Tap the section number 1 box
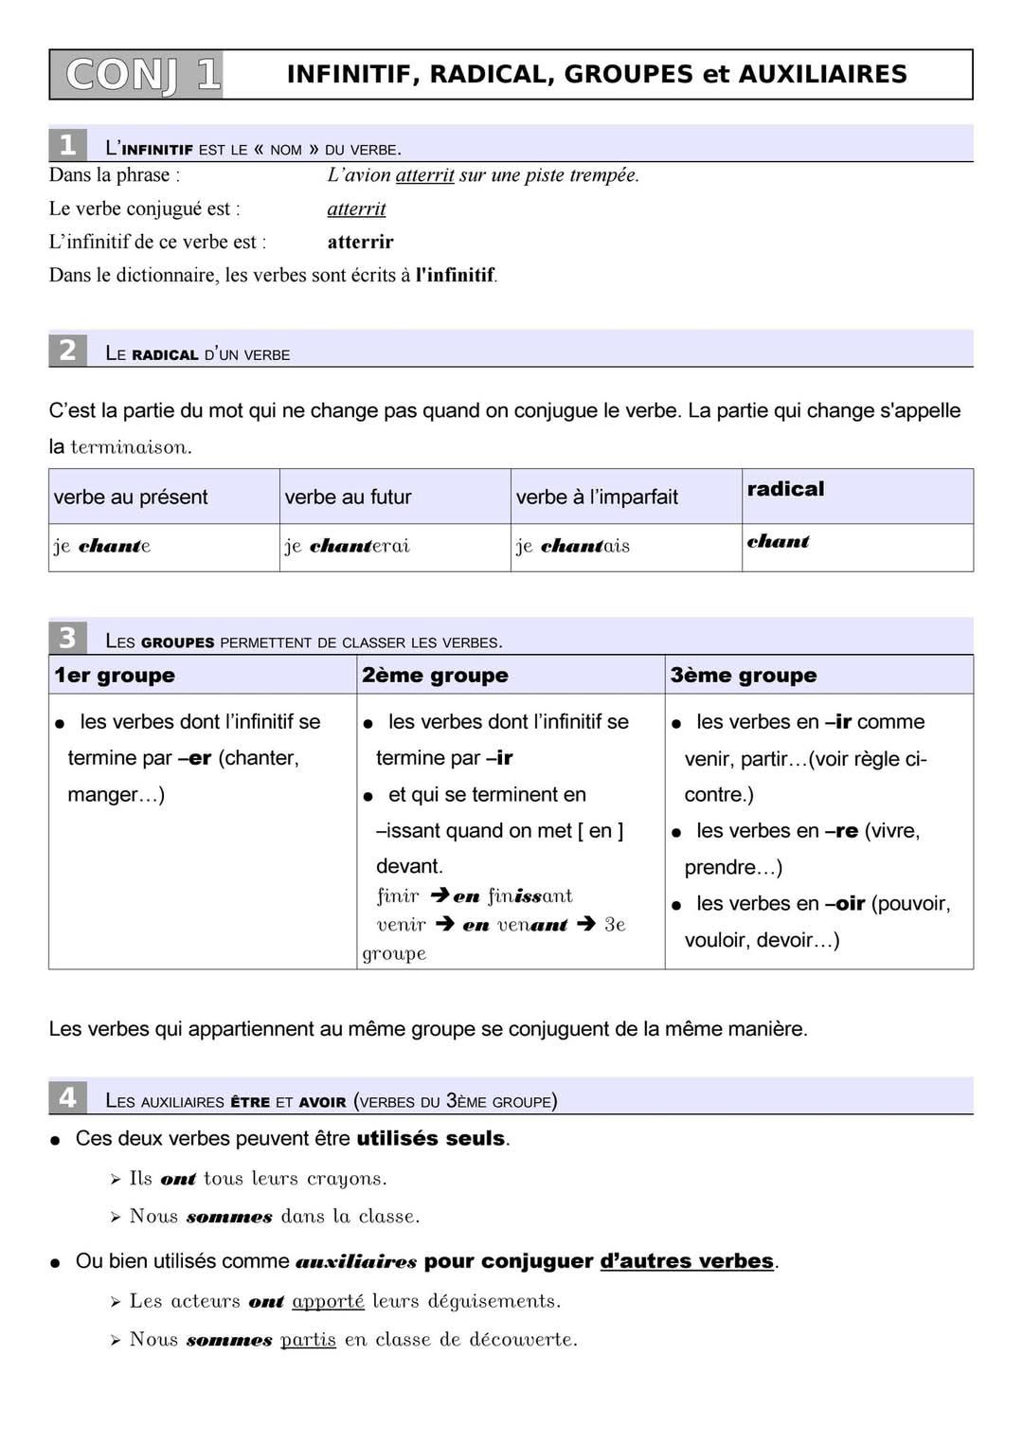(x=67, y=145)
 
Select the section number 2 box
(x=67, y=351)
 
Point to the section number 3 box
(x=67, y=638)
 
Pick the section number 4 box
(x=67, y=1097)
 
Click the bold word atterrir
(x=360, y=242)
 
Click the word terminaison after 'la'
(x=131, y=447)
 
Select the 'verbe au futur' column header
(x=348, y=497)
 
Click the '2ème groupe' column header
(x=435, y=675)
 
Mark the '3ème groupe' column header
(x=744, y=675)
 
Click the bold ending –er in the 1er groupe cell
(x=194, y=758)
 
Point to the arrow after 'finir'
(x=439, y=895)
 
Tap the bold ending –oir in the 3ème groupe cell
(x=845, y=903)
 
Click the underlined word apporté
(x=328, y=1301)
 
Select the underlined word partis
(x=308, y=1339)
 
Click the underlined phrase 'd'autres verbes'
(x=687, y=1261)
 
